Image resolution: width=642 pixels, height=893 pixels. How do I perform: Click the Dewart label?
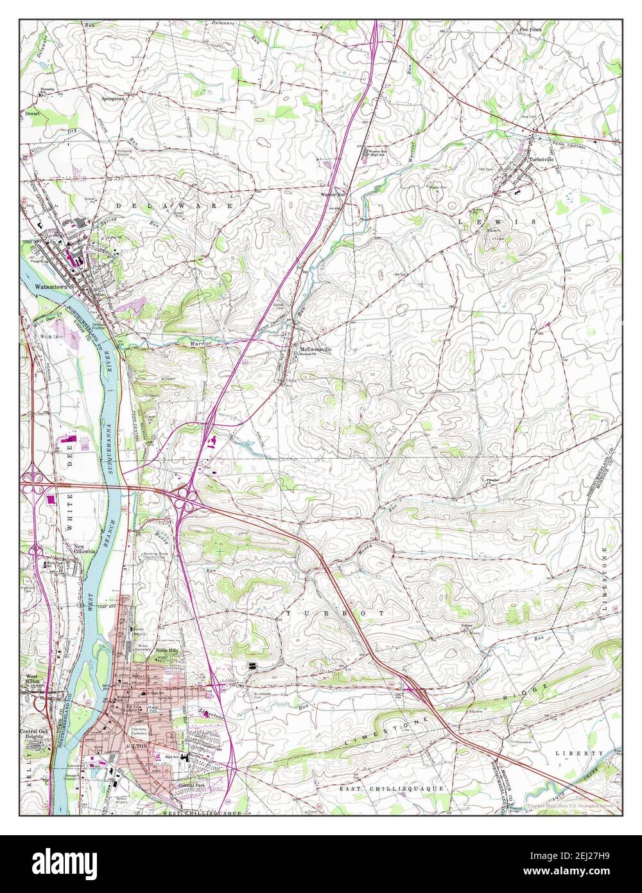(32, 113)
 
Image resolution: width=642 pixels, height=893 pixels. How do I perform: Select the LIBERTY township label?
(580, 752)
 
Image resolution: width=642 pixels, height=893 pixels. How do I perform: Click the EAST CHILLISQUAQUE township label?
(392, 788)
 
